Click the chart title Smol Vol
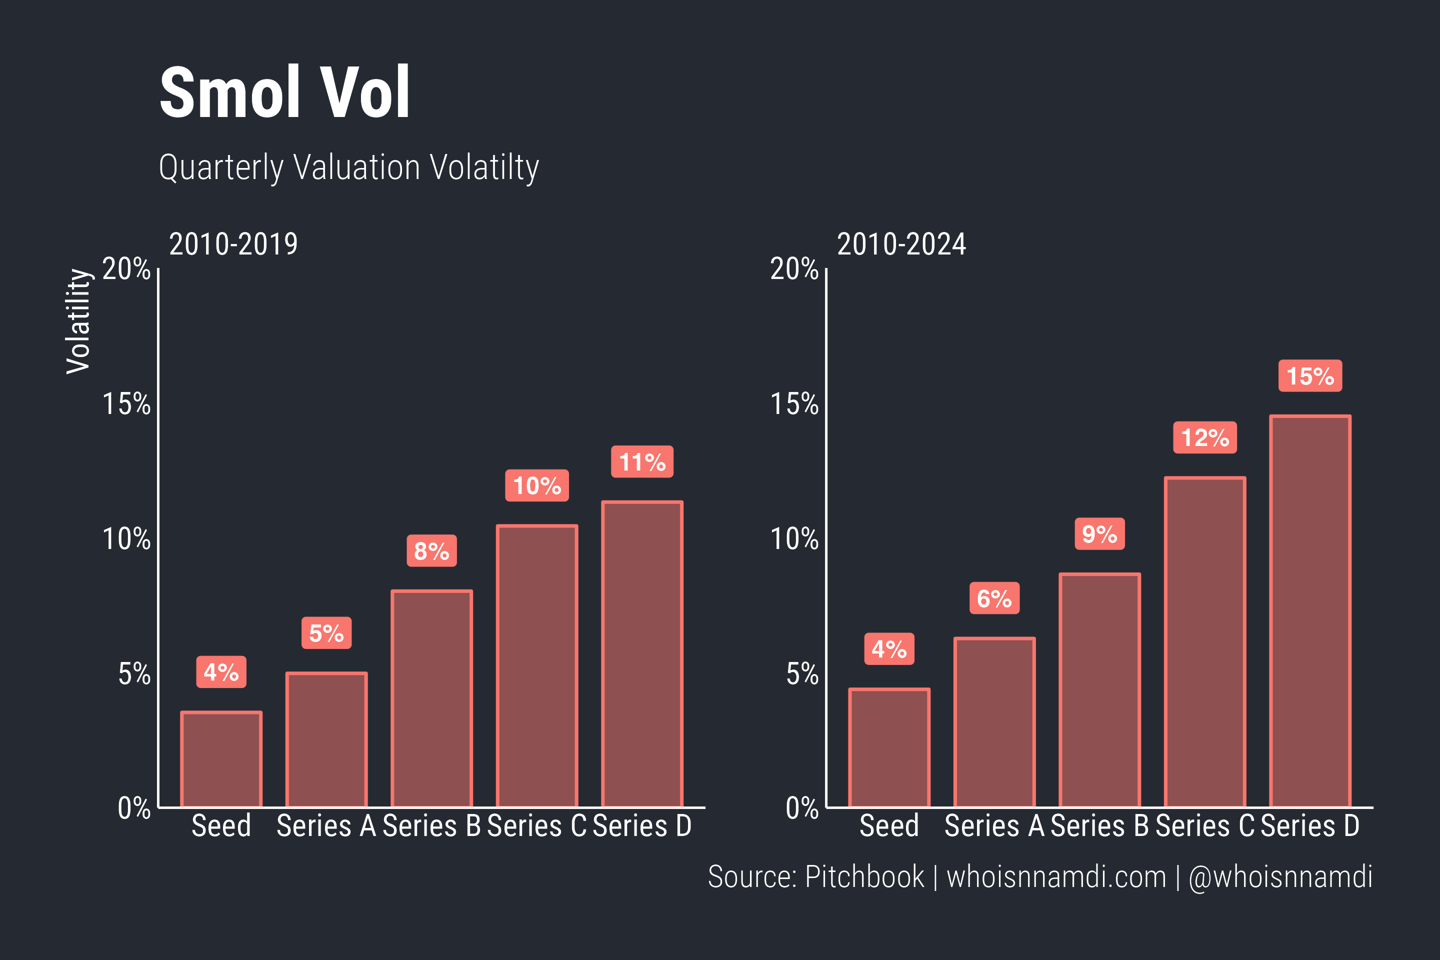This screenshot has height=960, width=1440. (x=284, y=93)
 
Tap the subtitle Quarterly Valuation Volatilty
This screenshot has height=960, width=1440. (x=348, y=167)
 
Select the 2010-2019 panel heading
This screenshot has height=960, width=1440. (x=233, y=244)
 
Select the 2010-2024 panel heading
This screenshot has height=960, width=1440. (x=901, y=244)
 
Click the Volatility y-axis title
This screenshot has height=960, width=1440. (x=78, y=321)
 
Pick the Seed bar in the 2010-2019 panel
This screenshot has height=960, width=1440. (x=221, y=759)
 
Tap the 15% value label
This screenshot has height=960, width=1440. (x=1309, y=376)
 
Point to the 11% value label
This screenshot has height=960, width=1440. (x=641, y=461)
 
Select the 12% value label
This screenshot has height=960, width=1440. (x=1204, y=438)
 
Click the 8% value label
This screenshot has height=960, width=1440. (x=431, y=550)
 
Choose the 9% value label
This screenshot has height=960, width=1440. (x=1099, y=534)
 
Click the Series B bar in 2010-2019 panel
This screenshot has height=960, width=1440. (x=431, y=698)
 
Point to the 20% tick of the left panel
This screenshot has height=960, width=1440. (x=126, y=269)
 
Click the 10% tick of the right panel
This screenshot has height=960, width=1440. (x=794, y=539)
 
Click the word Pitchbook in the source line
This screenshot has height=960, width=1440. (x=864, y=876)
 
